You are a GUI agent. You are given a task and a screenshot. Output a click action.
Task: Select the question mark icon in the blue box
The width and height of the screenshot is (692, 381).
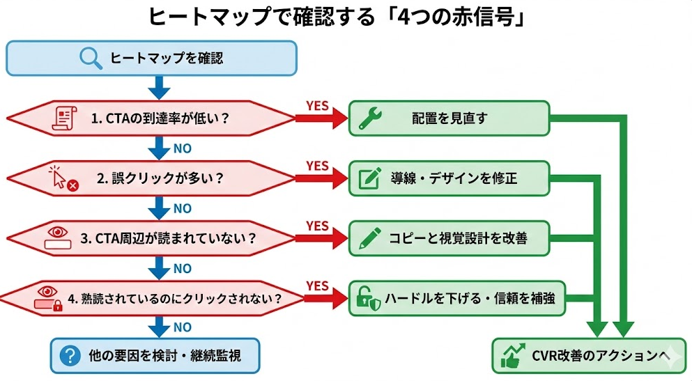click(x=69, y=356)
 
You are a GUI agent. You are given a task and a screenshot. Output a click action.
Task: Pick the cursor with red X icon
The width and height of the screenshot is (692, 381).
click(x=63, y=178)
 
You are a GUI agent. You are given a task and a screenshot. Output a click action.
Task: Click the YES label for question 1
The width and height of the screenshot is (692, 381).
click(x=317, y=105)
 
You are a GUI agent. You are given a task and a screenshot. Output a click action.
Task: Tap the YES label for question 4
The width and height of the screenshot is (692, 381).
click(x=317, y=285)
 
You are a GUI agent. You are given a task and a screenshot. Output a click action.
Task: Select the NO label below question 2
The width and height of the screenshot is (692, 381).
click(x=182, y=208)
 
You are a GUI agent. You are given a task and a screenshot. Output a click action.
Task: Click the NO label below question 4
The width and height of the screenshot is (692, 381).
click(x=182, y=327)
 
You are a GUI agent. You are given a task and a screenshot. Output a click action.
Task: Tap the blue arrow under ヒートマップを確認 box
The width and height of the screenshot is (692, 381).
click(x=160, y=88)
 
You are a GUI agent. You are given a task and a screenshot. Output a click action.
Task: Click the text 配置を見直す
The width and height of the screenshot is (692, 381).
click(x=449, y=118)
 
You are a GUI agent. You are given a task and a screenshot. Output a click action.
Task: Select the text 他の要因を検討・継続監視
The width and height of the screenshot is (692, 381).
click(x=165, y=356)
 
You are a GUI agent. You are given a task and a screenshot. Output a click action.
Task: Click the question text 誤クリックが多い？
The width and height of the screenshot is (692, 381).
click(x=160, y=178)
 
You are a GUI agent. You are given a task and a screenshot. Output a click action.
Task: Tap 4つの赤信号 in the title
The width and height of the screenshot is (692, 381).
click(x=446, y=17)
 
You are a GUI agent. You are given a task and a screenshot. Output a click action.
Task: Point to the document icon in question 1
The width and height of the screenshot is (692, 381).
click(x=63, y=118)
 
